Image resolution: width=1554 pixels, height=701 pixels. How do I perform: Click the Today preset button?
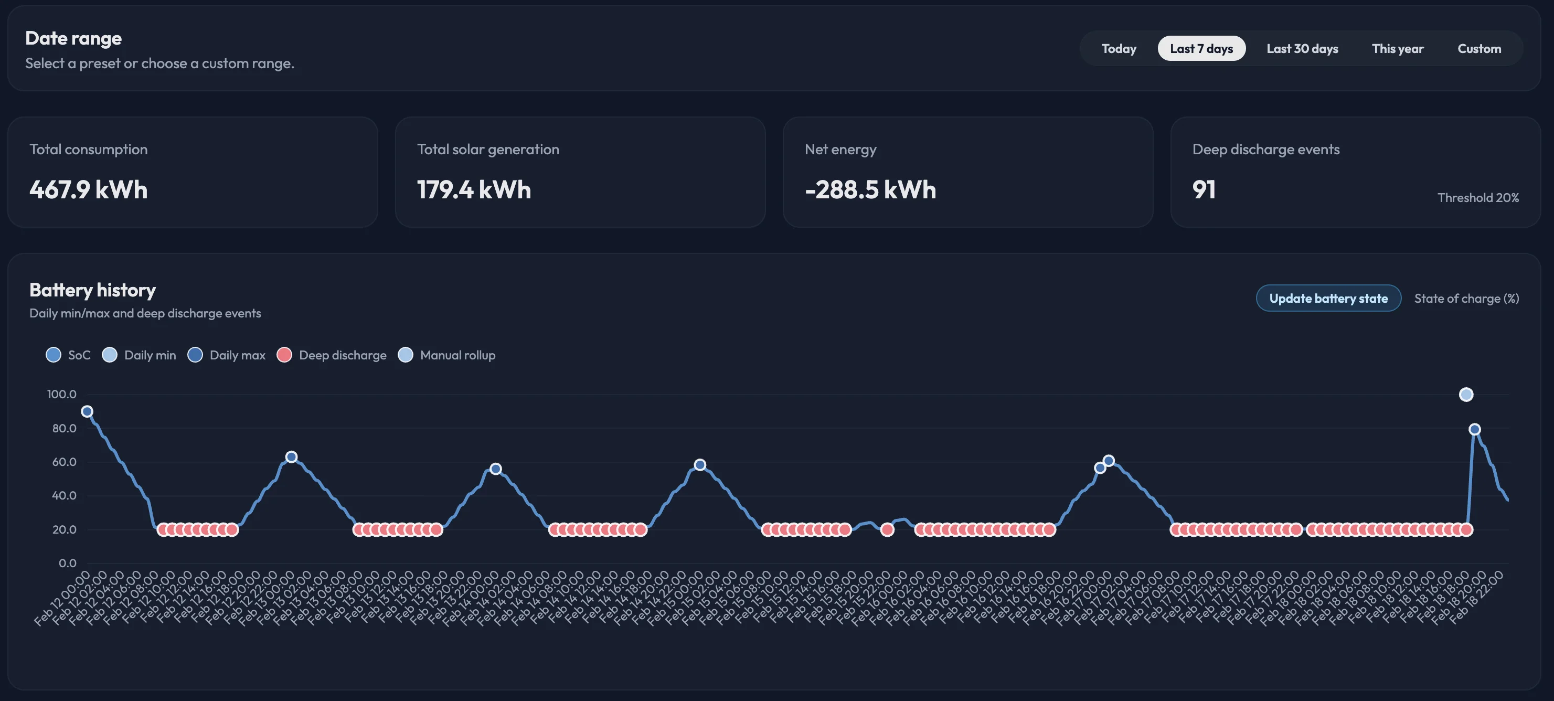click(1119, 49)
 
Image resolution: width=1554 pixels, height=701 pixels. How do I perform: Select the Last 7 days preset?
click(1201, 49)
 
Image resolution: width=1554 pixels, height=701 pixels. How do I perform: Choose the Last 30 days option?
click(1302, 49)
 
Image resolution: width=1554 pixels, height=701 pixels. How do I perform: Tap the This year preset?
click(1397, 49)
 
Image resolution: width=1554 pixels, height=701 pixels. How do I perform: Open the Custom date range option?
click(1478, 49)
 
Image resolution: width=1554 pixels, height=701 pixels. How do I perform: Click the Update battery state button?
click(1328, 299)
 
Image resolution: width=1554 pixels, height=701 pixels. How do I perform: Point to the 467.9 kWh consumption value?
click(89, 190)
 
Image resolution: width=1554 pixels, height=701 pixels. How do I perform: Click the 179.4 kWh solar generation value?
click(474, 190)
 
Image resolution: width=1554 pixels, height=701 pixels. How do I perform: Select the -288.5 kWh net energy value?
click(870, 190)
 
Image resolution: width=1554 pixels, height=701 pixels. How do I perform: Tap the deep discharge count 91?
click(1204, 190)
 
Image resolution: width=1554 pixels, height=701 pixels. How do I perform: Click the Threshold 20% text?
click(1477, 198)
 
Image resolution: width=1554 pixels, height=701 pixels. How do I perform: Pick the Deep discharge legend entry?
click(332, 355)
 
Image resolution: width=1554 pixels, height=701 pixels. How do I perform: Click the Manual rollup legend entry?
click(447, 355)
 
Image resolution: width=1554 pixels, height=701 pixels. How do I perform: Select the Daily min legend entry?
click(140, 355)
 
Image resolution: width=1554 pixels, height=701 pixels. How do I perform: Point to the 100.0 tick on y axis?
click(61, 395)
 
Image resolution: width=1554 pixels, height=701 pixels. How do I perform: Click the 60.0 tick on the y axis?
click(64, 462)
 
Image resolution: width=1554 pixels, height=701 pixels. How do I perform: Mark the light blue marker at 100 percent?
click(1466, 395)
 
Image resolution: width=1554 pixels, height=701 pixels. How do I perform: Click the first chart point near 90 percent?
click(87, 411)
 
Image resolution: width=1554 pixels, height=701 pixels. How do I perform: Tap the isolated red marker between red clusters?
click(887, 529)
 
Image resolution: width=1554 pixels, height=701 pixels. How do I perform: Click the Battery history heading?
click(92, 290)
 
